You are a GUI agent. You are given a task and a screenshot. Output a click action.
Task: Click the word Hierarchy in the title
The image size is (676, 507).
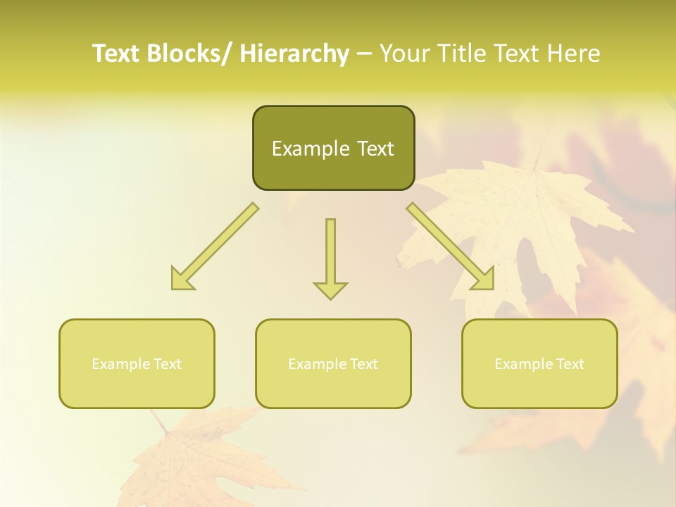295,54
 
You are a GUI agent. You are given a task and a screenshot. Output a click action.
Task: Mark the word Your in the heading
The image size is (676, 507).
404,54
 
